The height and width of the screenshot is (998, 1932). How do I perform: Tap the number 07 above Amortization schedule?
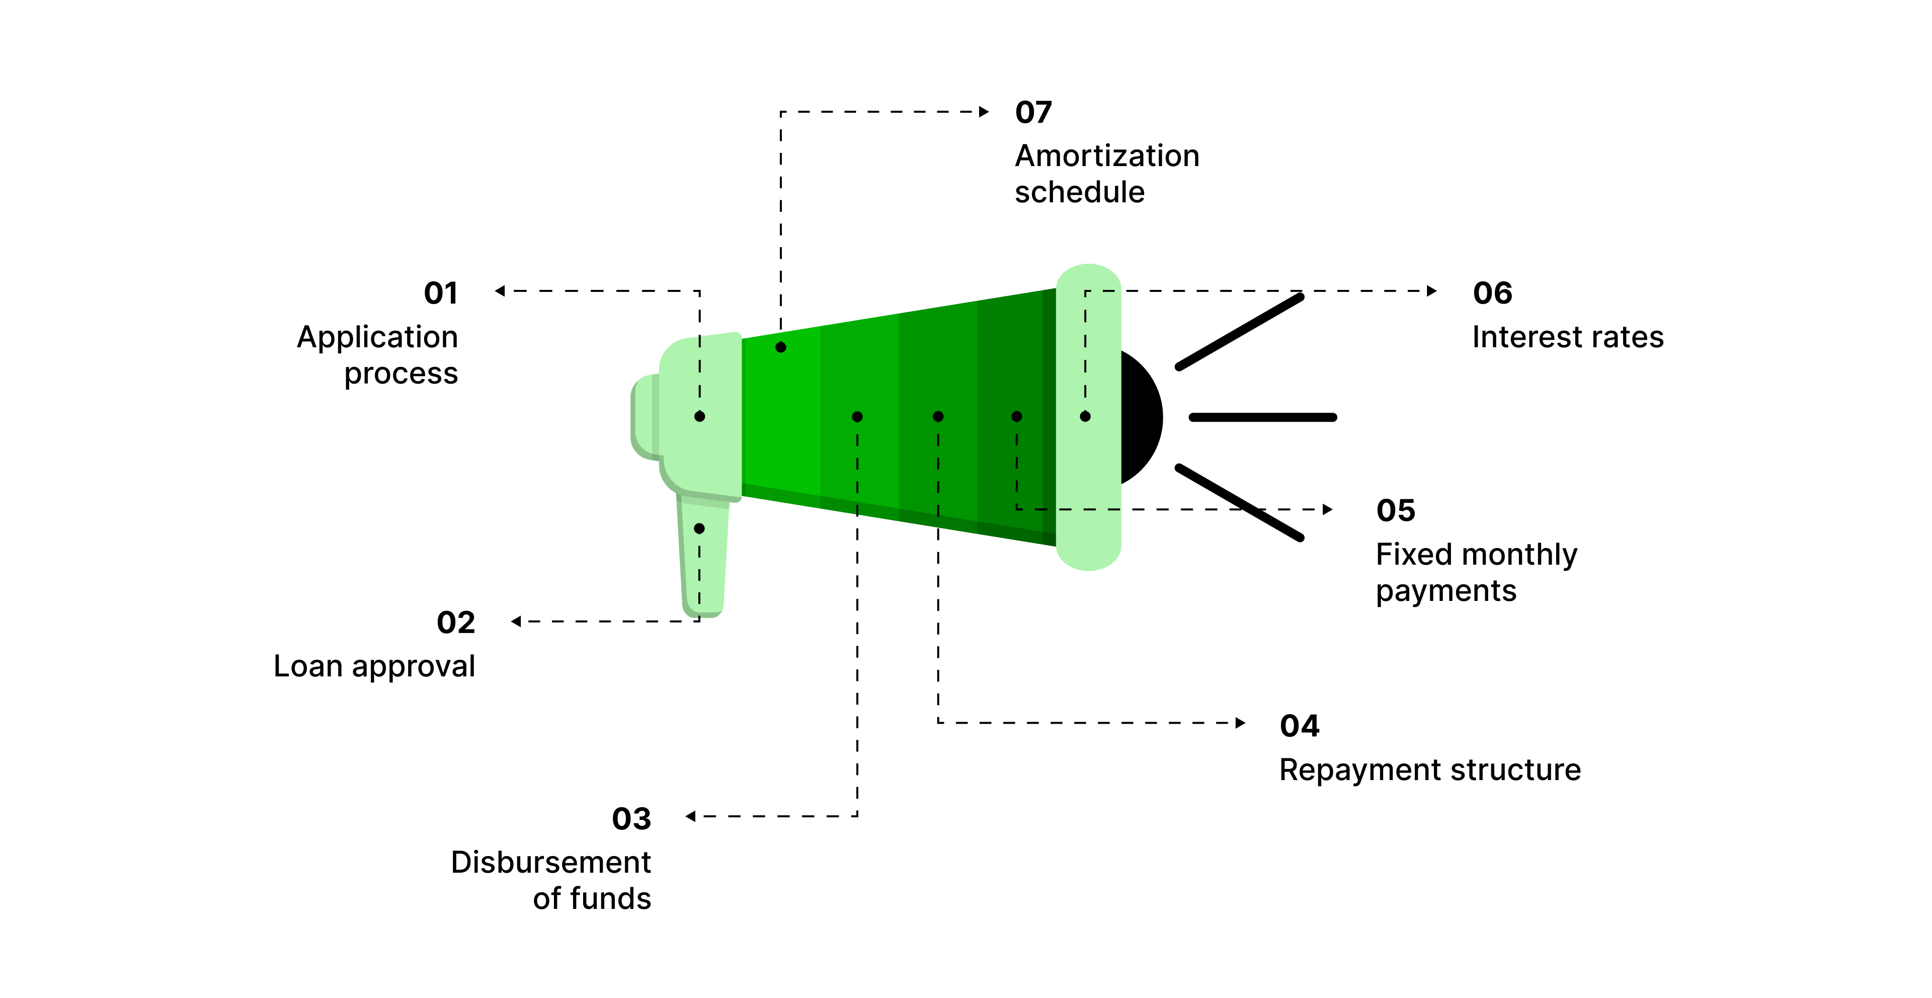point(1033,113)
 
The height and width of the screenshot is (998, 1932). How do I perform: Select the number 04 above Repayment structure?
point(1299,726)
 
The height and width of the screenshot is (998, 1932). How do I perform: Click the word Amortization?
point(1107,156)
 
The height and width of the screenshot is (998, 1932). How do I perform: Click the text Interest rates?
point(1568,337)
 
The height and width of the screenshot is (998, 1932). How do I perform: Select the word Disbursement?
point(550,862)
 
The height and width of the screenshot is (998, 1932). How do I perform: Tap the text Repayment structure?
point(1429,770)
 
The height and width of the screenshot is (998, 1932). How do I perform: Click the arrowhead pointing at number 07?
point(984,112)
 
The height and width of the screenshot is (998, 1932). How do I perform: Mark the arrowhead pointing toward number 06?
point(1432,291)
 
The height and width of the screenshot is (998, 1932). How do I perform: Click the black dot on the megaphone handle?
point(699,529)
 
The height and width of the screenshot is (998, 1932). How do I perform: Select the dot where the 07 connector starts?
point(781,347)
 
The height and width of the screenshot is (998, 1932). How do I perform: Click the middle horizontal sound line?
point(1262,417)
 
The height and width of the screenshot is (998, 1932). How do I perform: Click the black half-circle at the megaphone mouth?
point(1142,417)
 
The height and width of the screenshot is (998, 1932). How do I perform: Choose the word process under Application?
point(400,374)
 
